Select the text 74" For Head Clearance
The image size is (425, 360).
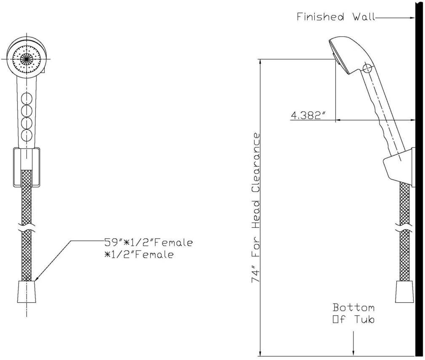coord(256,207)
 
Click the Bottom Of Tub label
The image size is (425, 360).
coord(353,313)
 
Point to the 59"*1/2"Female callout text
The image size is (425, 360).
coord(148,243)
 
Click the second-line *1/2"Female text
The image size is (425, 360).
coord(139,254)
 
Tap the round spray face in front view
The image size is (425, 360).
coord(26,59)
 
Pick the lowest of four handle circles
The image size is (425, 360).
coord(27,136)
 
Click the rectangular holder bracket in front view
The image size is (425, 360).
coord(27,167)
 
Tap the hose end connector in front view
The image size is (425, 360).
coord(27,291)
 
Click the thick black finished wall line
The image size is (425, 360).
coord(419,211)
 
